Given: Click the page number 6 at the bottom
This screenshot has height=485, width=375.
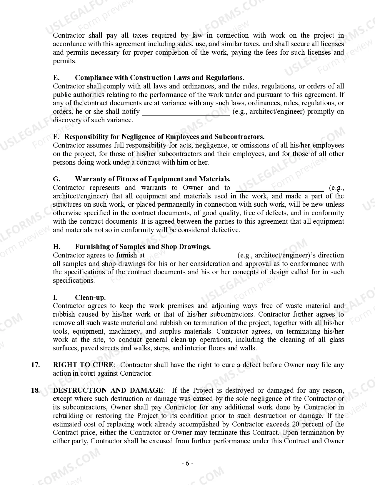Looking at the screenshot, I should click(x=187, y=464).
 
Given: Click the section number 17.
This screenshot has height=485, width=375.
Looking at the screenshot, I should click(x=35, y=365).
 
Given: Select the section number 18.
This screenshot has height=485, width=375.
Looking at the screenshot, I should click(x=35, y=390).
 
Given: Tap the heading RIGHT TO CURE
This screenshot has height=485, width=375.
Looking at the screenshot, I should click(x=83, y=365).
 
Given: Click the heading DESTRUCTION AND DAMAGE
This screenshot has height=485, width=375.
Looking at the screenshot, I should click(x=108, y=390).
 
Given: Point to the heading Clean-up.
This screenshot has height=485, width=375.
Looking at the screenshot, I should click(x=90, y=297).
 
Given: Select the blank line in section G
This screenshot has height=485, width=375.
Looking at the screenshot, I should click(x=279, y=189).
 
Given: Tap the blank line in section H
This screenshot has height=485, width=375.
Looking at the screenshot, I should click(x=191, y=256).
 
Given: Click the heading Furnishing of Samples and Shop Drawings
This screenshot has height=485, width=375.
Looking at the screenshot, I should click(x=143, y=247).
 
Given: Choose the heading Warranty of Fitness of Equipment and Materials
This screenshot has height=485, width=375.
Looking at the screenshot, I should click(x=153, y=179).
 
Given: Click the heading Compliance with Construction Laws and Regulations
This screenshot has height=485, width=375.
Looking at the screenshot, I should click(x=159, y=78).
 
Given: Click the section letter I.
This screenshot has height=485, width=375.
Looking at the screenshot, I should click(x=55, y=297).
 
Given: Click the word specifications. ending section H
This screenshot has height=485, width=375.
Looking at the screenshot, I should click(x=74, y=280).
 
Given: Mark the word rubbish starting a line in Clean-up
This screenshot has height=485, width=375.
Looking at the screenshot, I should click(x=64, y=314).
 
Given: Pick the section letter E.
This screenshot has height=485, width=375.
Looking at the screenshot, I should click(x=56, y=78).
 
